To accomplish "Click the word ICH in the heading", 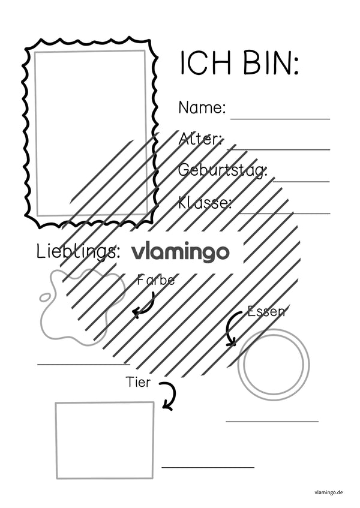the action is point(205,62).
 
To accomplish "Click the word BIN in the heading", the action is point(268,62).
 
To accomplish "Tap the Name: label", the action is point(202,107).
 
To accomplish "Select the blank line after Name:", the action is point(280,119).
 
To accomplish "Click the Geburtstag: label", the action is point(223,170).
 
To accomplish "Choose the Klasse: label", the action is point(205,203).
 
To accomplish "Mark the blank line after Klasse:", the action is point(285,214).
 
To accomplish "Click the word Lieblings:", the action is point(78,252).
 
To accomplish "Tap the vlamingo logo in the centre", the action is point(180,253).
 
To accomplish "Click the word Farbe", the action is point(156,280).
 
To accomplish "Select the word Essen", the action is point(266,312).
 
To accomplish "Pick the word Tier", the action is point(139,382).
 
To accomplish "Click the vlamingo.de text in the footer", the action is point(328,492).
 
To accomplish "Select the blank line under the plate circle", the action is point(272,422).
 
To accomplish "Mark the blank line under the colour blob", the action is point(83,365).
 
